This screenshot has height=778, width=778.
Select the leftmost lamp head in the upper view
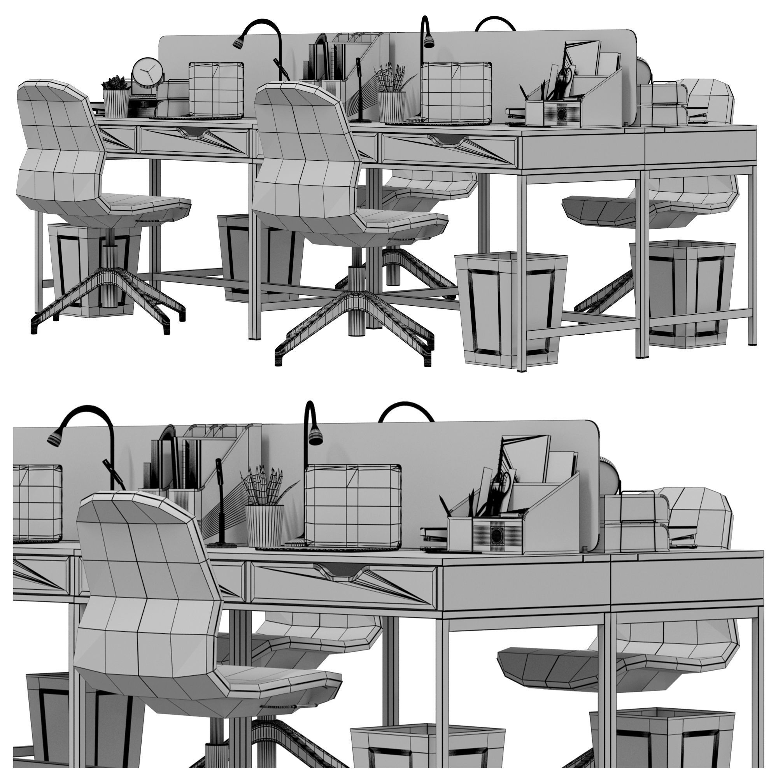(x=239, y=42)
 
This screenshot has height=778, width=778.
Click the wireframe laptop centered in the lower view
(x=352, y=506)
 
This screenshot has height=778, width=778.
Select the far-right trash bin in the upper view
(x=685, y=290)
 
